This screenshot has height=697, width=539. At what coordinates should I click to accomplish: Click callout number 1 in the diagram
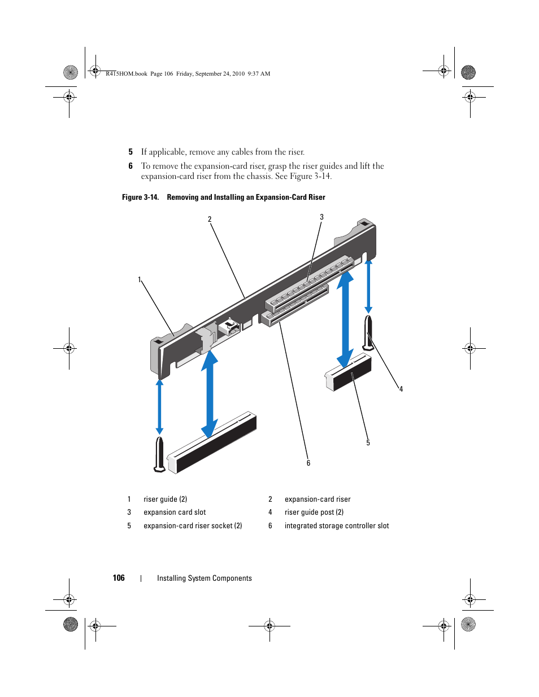pyautogui.click(x=140, y=280)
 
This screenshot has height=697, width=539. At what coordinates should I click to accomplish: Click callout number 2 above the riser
pyautogui.click(x=210, y=220)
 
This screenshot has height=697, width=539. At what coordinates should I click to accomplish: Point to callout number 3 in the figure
pyautogui.click(x=322, y=217)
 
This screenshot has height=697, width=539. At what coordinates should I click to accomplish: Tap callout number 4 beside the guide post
pyautogui.click(x=401, y=389)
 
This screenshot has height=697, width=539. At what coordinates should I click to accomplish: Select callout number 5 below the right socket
pyautogui.click(x=368, y=443)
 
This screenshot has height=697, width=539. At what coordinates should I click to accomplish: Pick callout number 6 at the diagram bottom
pyautogui.click(x=308, y=463)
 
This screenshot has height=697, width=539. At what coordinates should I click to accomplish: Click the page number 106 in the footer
pyautogui.click(x=119, y=578)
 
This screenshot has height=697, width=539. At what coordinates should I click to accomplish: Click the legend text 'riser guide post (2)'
pyautogui.click(x=314, y=512)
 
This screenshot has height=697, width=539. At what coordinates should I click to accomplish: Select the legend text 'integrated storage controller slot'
pyautogui.click(x=337, y=526)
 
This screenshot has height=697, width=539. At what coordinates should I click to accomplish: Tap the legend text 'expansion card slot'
pyautogui.click(x=175, y=512)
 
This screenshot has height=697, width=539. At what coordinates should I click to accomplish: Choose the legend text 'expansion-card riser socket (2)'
pyautogui.click(x=193, y=526)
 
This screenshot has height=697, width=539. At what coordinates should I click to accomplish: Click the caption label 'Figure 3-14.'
pyautogui.click(x=140, y=198)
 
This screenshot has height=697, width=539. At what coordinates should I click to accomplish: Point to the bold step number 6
pyautogui.click(x=131, y=166)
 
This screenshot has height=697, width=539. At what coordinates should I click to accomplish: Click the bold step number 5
pyautogui.click(x=131, y=152)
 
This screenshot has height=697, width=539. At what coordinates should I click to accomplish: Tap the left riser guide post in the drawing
pyautogui.click(x=160, y=453)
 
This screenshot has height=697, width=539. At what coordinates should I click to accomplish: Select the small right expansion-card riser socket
pyautogui.click(x=349, y=372)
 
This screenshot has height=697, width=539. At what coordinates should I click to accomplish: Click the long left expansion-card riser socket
pyautogui.click(x=212, y=444)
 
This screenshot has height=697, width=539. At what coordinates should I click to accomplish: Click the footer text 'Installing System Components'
pyautogui.click(x=205, y=578)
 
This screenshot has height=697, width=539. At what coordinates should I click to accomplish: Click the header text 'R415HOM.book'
pyautogui.click(x=127, y=74)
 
